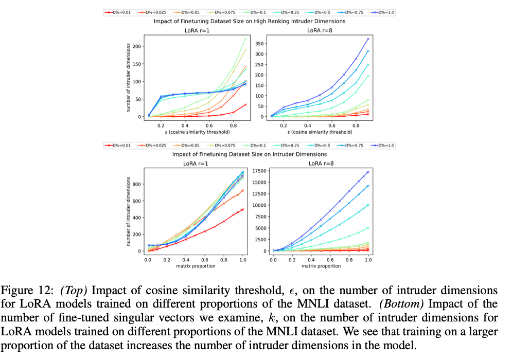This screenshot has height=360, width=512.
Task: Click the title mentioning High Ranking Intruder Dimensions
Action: click(250, 21)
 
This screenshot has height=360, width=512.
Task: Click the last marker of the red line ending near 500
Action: click(242, 209)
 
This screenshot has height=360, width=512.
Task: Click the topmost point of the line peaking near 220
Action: click(245, 39)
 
